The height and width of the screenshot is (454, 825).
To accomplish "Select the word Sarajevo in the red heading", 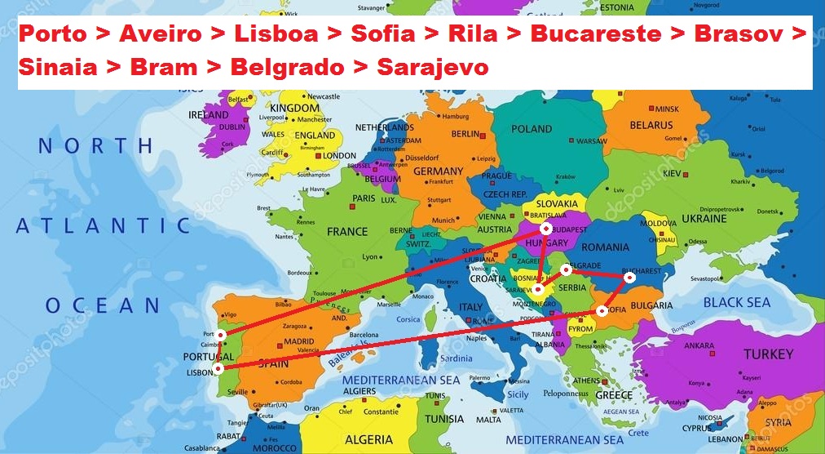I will click(x=433, y=67).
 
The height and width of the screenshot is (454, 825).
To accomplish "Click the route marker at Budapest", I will click(x=546, y=229).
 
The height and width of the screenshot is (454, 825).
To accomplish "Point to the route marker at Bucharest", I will click(x=629, y=278).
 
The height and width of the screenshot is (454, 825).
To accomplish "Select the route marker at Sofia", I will click(x=602, y=310).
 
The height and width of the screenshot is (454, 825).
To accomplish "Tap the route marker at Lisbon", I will click(x=218, y=368).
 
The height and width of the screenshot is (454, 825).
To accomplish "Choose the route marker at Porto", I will click(x=221, y=335).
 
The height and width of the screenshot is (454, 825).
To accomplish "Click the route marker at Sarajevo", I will click(x=539, y=289).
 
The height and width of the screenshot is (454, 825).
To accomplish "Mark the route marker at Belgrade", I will click(x=566, y=269).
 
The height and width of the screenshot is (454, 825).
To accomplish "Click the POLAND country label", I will click(x=532, y=129).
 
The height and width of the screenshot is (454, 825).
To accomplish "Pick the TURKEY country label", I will click(x=768, y=354).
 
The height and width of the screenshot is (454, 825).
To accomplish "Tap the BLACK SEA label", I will click(x=736, y=302).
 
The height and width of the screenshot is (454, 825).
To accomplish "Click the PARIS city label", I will click(x=363, y=198).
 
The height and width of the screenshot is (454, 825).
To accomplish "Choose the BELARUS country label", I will click(x=651, y=125).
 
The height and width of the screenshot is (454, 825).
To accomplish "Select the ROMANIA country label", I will click(x=606, y=247).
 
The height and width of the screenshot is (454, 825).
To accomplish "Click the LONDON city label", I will click(x=340, y=155).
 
